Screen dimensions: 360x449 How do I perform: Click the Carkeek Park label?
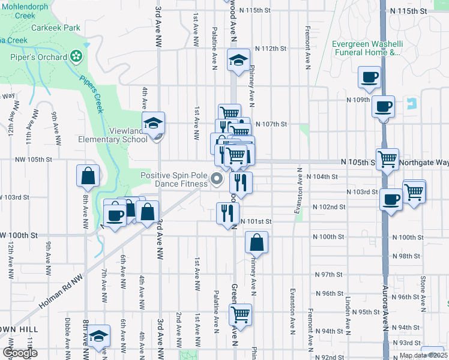pos(56,28)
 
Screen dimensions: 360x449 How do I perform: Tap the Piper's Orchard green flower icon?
pos(76,57)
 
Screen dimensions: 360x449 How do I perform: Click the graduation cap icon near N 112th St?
pos(238,60)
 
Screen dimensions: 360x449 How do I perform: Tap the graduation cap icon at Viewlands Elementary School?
pos(154,123)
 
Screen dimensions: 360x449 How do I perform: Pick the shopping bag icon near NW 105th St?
pos(88,176)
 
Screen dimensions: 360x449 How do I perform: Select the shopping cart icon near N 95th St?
pos(240,314)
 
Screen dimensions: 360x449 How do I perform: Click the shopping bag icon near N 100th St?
pos(256,243)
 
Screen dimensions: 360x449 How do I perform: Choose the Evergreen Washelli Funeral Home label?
pos(366,48)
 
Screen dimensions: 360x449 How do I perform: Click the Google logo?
pos(20,353)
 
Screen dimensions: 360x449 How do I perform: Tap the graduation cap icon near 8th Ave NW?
pos(100,338)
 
